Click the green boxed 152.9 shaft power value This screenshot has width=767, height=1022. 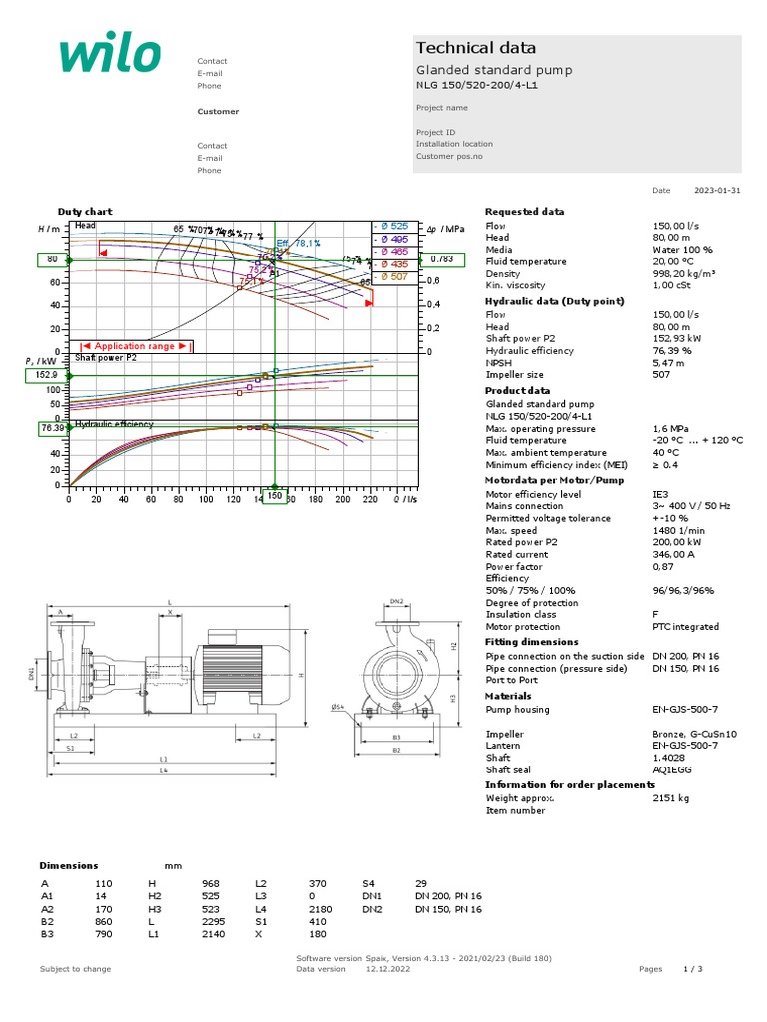pyautogui.click(x=45, y=375)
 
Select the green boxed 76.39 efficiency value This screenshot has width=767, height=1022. pyautogui.click(x=52, y=428)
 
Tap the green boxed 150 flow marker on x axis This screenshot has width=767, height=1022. pyautogui.click(x=273, y=496)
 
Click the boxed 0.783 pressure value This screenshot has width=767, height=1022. pyautogui.click(x=442, y=259)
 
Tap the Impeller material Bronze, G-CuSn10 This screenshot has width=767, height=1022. pyautogui.click(x=695, y=734)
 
